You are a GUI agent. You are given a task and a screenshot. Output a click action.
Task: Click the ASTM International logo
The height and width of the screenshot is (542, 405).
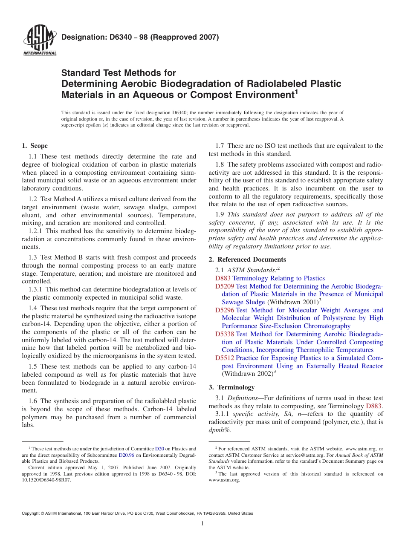(39, 40)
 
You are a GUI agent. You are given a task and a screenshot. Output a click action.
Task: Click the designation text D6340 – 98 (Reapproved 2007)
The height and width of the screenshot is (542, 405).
(140, 37)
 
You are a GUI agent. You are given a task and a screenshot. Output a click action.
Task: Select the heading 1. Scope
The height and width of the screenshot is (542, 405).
(35, 146)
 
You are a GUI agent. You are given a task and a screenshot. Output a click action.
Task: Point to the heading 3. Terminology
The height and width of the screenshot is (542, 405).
(231, 387)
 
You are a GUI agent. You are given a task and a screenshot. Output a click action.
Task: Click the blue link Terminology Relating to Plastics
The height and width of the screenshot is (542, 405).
(278, 278)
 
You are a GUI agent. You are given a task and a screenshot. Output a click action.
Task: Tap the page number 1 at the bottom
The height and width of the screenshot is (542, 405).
(202, 524)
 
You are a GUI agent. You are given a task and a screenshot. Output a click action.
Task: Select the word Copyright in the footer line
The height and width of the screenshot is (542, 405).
(32, 513)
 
